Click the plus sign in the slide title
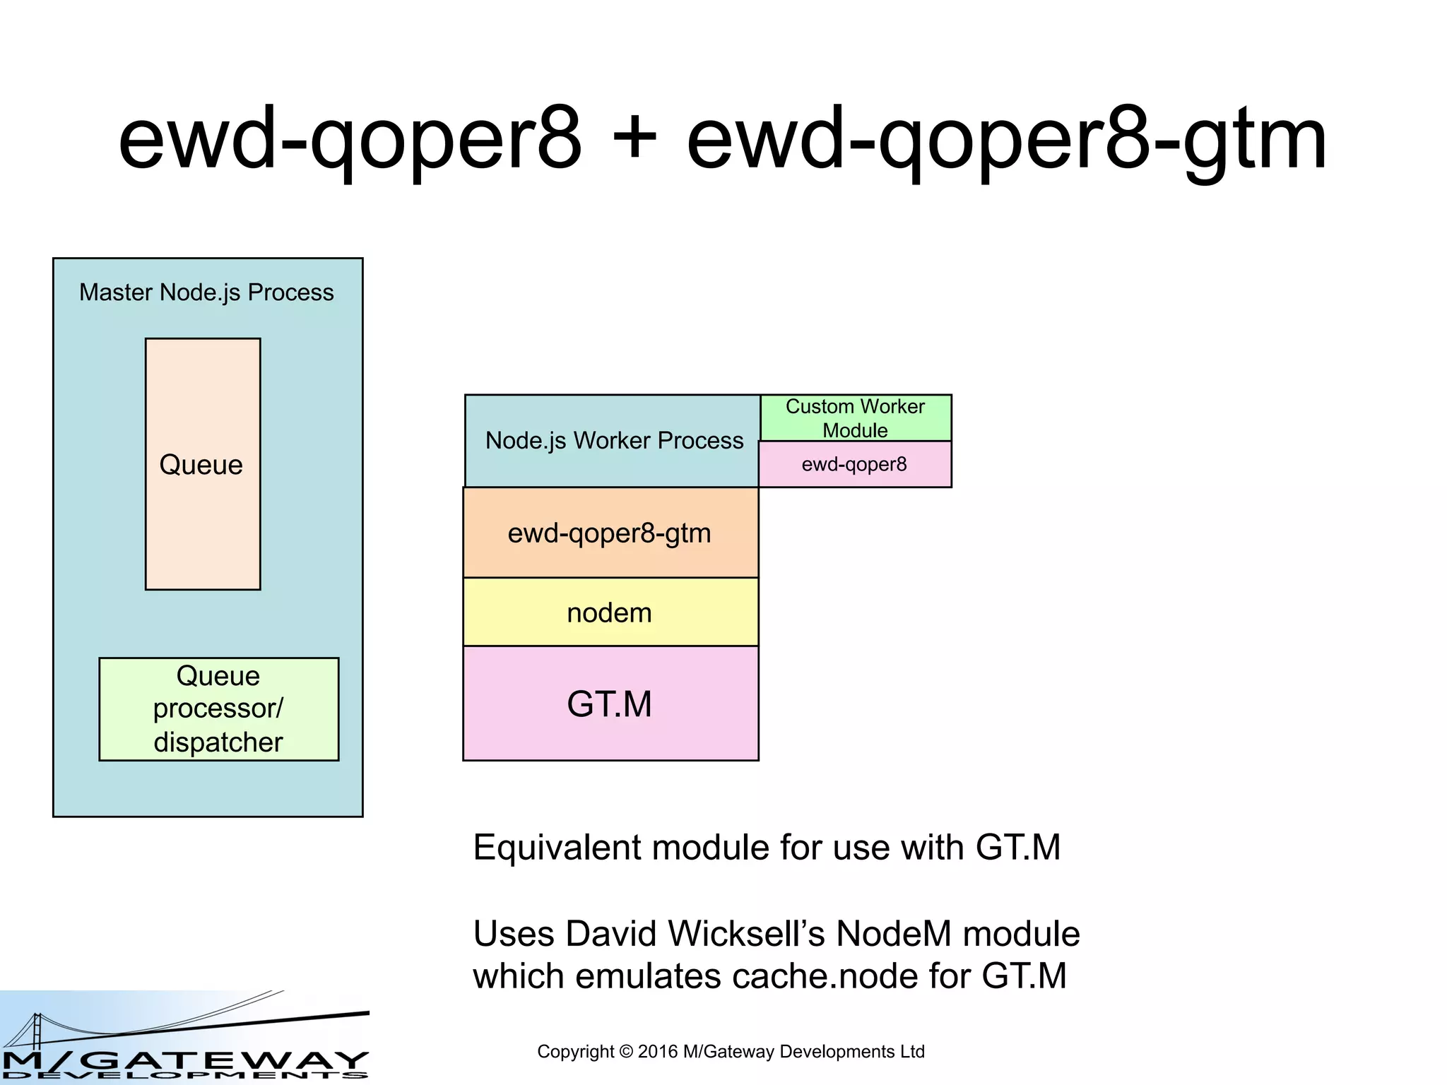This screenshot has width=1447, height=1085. (634, 139)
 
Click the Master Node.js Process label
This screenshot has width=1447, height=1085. (206, 292)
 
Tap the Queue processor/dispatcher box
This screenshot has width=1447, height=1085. (218, 709)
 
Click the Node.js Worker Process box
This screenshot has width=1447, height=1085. (613, 441)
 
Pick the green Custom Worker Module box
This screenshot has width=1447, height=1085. (855, 418)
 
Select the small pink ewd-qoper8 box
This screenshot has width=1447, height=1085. (855, 465)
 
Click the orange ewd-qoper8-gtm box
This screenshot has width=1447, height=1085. (610, 533)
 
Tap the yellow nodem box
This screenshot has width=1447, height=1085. (610, 612)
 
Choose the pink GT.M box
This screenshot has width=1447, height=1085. (610, 704)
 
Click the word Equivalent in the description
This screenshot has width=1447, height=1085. (556, 848)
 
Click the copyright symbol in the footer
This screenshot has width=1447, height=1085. (626, 1052)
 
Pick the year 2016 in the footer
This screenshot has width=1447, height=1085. (658, 1052)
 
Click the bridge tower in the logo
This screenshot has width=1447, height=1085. (37, 1031)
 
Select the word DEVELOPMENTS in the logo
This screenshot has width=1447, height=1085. (185, 1076)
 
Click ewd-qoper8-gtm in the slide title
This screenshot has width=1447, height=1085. (1006, 139)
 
